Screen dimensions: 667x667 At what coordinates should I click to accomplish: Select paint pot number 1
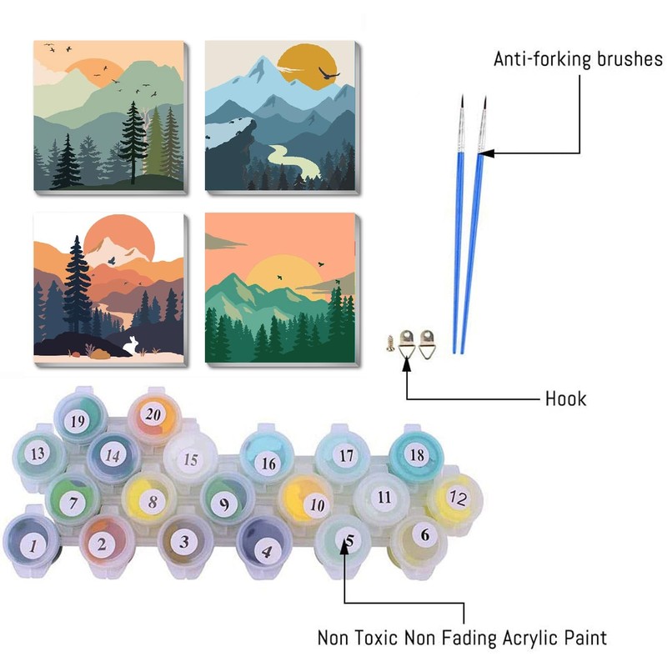tap(33, 546)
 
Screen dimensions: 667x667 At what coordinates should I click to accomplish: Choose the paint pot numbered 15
tap(190, 459)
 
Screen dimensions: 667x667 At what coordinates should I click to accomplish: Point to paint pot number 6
tap(424, 535)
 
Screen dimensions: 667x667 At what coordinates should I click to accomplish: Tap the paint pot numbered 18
tap(418, 454)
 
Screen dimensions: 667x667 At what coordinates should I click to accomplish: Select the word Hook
tap(566, 399)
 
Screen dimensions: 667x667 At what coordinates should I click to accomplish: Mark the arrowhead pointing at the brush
tap(483, 153)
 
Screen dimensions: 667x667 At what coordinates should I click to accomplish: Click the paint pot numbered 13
tap(37, 454)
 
